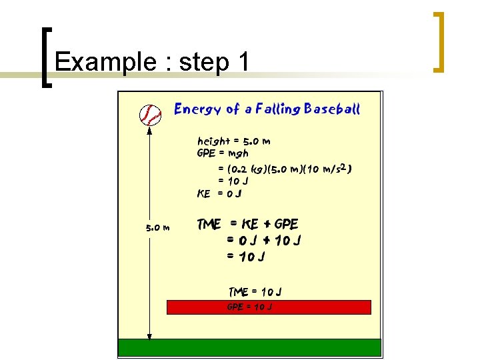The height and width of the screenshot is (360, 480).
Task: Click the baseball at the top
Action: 151,115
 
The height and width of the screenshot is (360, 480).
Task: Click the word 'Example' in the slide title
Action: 105,62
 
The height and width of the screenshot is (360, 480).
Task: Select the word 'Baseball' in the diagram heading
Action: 331,109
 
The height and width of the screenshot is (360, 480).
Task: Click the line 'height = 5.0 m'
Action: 234,141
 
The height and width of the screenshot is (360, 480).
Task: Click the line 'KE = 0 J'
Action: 219,194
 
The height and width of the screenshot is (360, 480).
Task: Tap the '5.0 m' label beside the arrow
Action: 158,228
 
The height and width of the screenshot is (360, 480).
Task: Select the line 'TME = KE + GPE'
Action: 248,224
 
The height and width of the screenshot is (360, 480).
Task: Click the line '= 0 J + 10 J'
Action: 263,240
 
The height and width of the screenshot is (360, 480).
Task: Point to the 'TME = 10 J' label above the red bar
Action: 255,291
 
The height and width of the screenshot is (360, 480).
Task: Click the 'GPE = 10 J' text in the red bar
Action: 249,307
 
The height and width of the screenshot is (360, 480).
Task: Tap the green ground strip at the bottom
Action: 249,347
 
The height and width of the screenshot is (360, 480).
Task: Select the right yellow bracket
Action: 439,41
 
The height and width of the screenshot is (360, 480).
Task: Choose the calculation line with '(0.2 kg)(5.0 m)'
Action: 284,169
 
